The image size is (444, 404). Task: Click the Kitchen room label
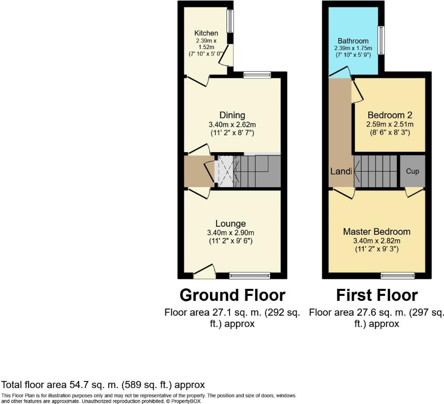206,33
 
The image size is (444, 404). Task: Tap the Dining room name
232,115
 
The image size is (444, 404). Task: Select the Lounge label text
231,223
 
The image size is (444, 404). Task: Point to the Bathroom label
353,41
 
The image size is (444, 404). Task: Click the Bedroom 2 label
390,115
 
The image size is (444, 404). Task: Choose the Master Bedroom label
377,232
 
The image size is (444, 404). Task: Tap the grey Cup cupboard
412,171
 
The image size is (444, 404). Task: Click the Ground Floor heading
233,295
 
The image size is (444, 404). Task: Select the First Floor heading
377,295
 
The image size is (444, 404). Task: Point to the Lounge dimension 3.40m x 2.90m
231,233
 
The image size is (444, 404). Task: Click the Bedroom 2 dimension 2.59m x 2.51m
390,124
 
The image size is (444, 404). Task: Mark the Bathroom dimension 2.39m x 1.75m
353,48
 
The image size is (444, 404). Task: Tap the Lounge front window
250,275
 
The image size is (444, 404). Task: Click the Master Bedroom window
398,275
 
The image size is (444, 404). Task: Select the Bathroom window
382,40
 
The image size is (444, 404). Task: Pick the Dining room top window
258,75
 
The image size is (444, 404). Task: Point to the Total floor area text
103,385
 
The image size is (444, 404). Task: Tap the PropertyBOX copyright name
186,401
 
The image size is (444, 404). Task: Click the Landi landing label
341,171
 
